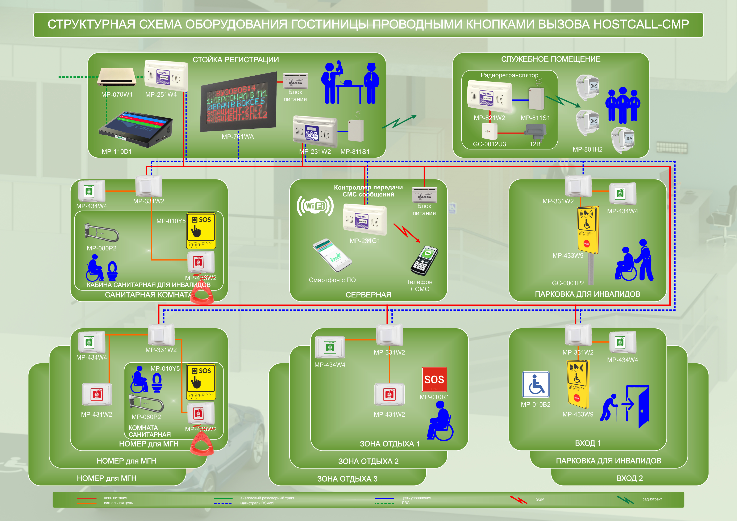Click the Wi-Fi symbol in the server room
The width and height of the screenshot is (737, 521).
315,206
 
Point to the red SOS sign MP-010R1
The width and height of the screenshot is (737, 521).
434,380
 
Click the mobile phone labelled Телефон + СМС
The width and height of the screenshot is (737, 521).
424,260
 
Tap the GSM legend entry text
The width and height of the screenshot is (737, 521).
540,499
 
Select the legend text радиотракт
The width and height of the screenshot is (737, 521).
652,499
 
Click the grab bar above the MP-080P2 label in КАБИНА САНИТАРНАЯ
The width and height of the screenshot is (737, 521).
102,233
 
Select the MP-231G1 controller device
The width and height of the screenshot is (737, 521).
365,220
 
